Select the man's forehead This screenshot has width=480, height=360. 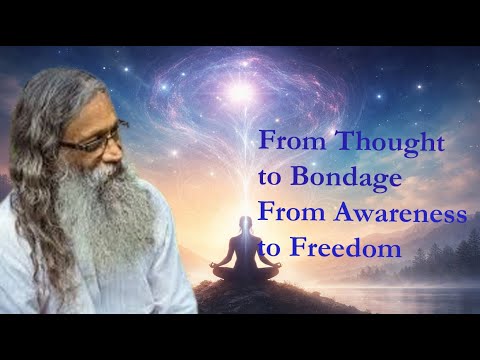tap(90, 110)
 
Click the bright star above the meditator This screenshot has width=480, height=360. tap(240, 95)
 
